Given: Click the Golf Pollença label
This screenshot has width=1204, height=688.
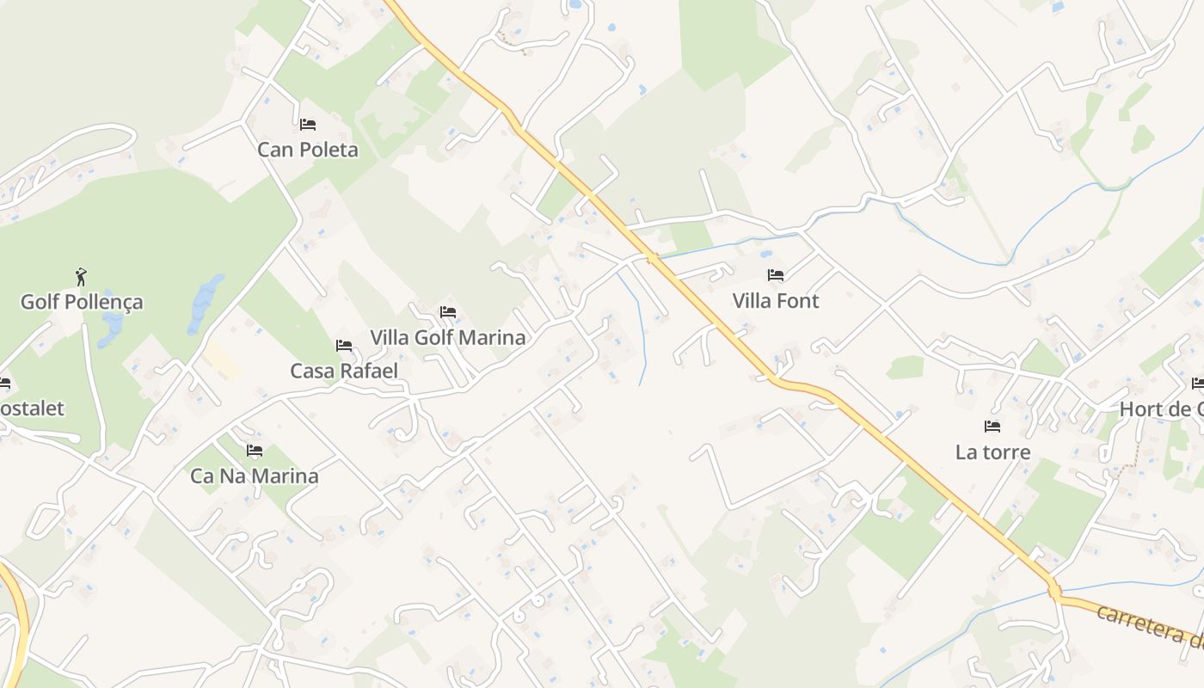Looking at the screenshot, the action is tap(82, 302).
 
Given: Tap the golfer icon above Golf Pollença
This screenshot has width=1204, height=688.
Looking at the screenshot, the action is tap(81, 277).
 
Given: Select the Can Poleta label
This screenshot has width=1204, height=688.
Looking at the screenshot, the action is tap(308, 150).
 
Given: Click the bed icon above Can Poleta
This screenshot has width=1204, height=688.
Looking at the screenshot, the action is tap(308, 125).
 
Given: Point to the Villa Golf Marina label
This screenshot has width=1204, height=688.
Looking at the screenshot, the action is tap(447, 337).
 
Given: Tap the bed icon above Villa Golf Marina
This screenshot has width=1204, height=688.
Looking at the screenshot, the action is tap(447, 312).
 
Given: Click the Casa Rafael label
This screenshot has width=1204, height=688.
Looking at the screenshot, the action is tap(344, 371).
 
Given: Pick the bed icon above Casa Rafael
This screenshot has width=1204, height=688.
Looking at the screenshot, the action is tap(344, 346).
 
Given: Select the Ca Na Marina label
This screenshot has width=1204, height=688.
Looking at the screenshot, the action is tap(254, 476).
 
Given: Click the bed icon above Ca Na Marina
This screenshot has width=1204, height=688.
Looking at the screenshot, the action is tap(254, 450).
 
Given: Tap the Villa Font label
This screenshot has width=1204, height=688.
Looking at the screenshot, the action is tap(776, 300).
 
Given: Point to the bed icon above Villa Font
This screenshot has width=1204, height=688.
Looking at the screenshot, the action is tap(776, 275).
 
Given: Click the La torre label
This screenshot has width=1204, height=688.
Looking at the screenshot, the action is tap(992, 451).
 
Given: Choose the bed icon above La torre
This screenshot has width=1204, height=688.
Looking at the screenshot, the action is tap(992, 426).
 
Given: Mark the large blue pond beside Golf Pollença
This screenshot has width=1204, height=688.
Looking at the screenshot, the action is tap(205, 301).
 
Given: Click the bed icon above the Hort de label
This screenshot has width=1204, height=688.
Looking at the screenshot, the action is tap(1198, 383).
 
